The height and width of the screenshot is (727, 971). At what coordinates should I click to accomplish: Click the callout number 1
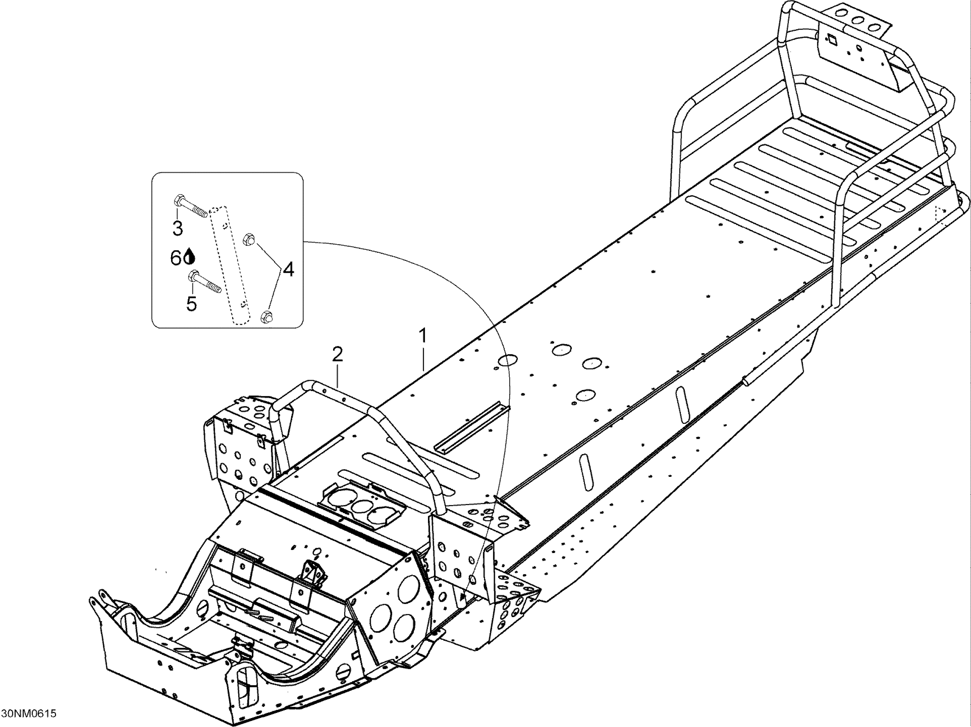[423, 337]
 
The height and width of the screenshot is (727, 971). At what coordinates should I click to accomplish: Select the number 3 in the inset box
[177, 228]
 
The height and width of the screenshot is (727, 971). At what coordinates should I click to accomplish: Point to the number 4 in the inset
[288, 269]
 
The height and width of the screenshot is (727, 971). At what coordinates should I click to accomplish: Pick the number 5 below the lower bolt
[192, 303]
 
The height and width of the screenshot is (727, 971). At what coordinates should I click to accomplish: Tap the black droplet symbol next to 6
[190, 257]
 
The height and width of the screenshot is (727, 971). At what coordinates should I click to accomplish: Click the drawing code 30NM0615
[29, 713]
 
